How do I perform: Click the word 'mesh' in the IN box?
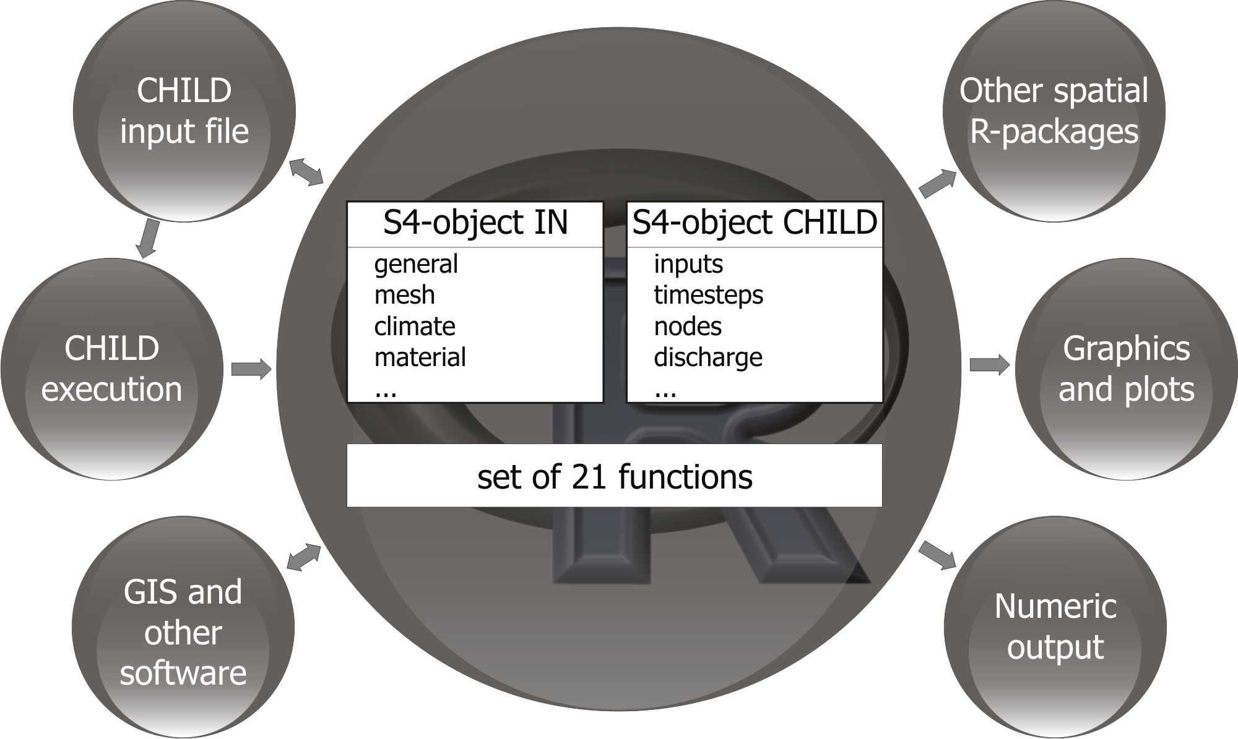coord(404,295)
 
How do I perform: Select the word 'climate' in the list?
coord(415,326)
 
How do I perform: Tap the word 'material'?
coord(420,357)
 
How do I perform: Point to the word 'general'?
coord(416,264)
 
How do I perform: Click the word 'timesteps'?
coord(708,295)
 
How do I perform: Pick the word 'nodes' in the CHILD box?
coord(688,326)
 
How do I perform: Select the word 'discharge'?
coord(708,357)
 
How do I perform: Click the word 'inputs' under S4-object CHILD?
coord(688,264)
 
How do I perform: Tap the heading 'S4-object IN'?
coord(475,223)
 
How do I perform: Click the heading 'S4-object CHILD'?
coord(755,223)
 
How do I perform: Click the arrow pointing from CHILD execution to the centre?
coord(251,369)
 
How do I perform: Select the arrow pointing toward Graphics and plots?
coord(989,365)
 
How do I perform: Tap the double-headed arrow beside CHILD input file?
coord(306,171)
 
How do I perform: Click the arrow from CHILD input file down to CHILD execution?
coord(148,238)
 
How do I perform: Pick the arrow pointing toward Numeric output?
coord(938,554)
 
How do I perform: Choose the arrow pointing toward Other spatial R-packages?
coord(938,183)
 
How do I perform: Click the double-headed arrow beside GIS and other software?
coord(304,557)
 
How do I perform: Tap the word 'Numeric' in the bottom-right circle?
coord(1055,606)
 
